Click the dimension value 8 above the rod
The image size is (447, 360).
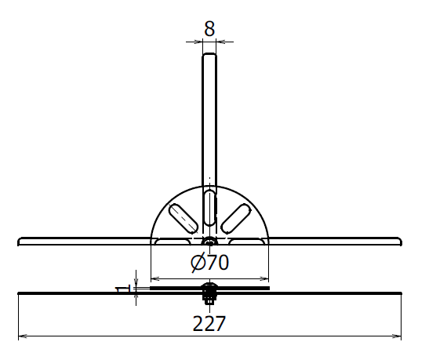coord(209,28)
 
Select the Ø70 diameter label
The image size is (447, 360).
coord(209,262)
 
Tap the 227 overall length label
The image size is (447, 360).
coord(209,323)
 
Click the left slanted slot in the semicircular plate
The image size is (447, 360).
coord(184,218)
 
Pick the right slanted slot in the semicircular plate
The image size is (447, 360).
coord(236,218)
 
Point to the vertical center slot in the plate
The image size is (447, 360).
coord(209,208)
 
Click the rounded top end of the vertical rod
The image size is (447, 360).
coord(209,54)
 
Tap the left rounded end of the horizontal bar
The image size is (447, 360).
coord(20,242)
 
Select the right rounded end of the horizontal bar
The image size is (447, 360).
coord(400,242)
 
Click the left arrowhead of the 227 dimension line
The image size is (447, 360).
coord(23,336)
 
